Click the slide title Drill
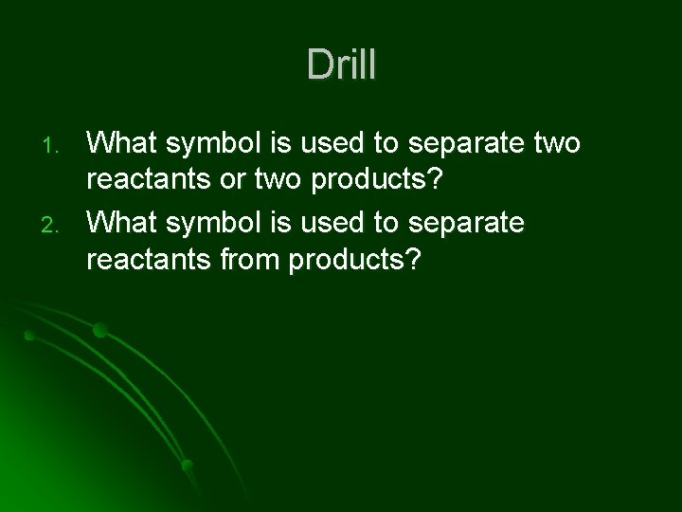[341, 65]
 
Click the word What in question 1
[121, 143]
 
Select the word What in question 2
[121, 223]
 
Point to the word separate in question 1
[464, 145]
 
